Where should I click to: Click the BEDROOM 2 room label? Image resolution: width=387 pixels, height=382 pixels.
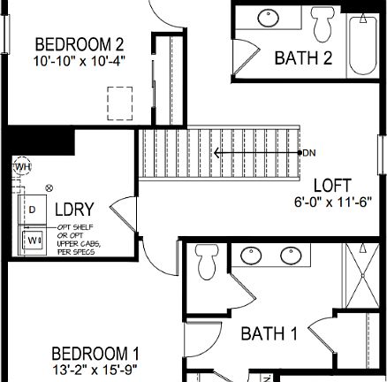[x=79, y=44]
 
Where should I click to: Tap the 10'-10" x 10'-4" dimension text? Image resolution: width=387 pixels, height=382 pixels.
[x=79, y=60]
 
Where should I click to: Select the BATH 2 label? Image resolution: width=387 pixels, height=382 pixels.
[x=303, y=58]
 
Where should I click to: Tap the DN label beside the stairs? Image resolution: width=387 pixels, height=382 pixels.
[x=309, y=153]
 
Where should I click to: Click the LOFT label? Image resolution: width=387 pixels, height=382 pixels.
[x=332, y=186]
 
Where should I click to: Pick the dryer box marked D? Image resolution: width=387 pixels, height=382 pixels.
[x=33, y=210]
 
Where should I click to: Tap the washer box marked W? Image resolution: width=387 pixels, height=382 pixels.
[x=33, y=240]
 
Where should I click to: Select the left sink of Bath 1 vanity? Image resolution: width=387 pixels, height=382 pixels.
[x=250, y=256]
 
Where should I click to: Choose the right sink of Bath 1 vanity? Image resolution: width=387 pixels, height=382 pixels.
[x=291, y=256]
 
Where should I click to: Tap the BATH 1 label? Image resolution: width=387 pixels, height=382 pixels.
[x=269, y=333]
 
